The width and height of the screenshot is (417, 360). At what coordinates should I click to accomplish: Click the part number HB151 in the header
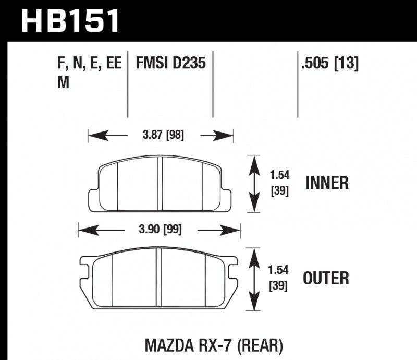(70, 21)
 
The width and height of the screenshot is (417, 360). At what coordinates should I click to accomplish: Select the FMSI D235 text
(170, 64)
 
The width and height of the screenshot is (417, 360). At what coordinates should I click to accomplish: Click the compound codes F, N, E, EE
(89, 64)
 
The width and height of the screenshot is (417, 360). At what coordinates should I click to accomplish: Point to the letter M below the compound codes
(63, 83)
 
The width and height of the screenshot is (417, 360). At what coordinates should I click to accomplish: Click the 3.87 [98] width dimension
(163, 136)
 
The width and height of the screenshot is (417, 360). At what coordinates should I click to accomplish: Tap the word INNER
(327, 183)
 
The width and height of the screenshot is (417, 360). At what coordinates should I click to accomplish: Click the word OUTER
(327, 278)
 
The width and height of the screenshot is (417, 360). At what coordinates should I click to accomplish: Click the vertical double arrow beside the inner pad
(253, 184)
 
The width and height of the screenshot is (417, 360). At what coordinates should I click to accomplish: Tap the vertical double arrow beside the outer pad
(253, 279)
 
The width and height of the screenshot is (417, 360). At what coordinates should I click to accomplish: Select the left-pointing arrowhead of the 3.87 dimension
(94, 136)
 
